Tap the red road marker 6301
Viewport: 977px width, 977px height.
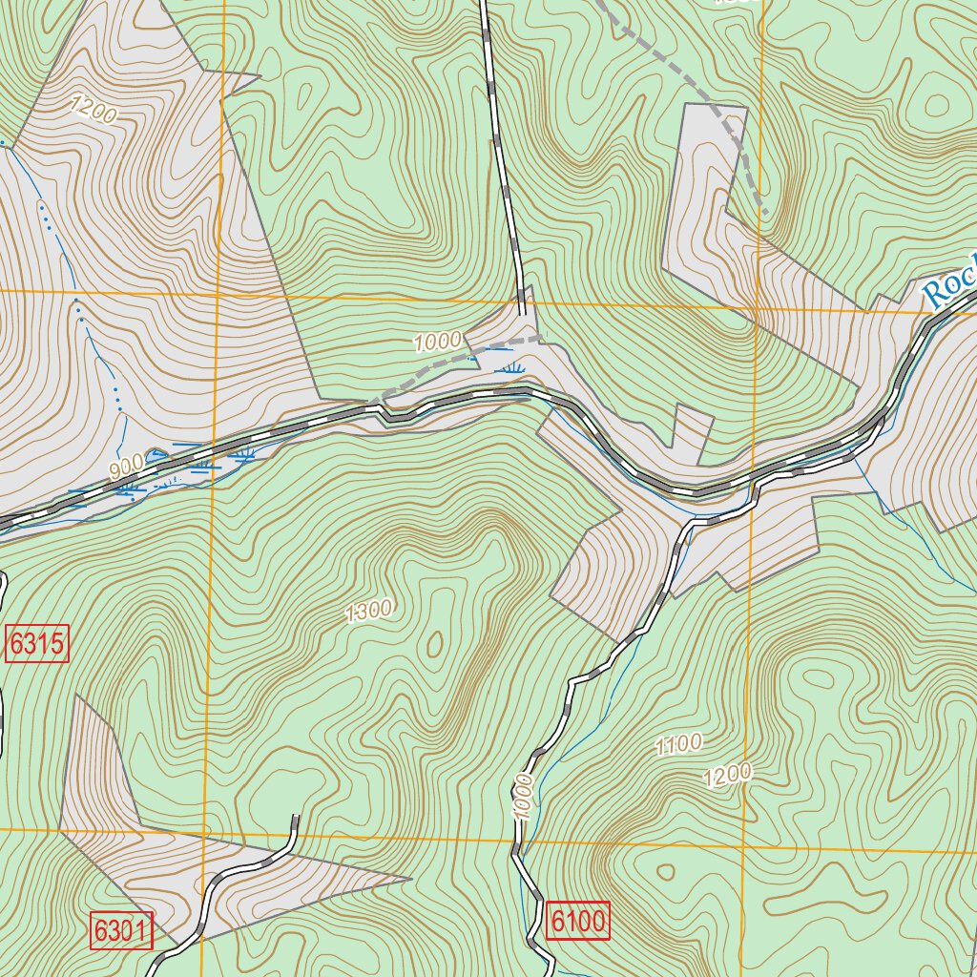(121, 929)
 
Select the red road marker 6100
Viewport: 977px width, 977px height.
(578, 922)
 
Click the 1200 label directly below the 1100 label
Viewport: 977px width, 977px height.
(727, 776)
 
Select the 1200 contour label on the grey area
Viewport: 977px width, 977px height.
(94, 111)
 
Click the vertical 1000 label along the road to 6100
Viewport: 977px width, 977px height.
(522, 796)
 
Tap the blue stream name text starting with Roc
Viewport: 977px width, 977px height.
(950, 284)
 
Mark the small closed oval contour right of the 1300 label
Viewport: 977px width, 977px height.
(435, 645)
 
